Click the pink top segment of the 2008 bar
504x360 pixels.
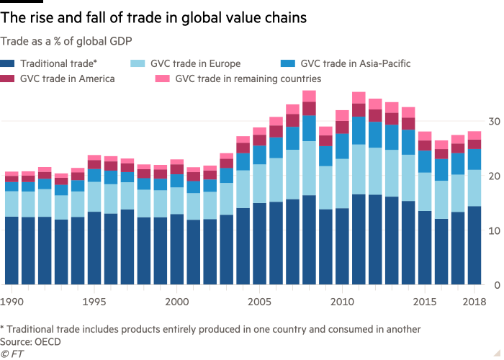pyautogui.click(x=309, y=96)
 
